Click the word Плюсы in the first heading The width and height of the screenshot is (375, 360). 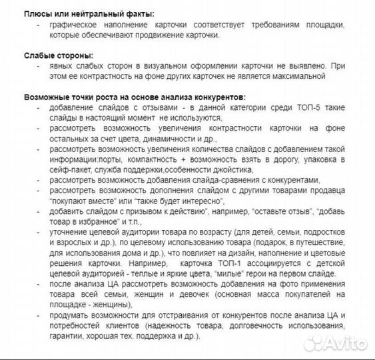[36, 14]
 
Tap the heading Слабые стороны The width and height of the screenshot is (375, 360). [58, 55]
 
